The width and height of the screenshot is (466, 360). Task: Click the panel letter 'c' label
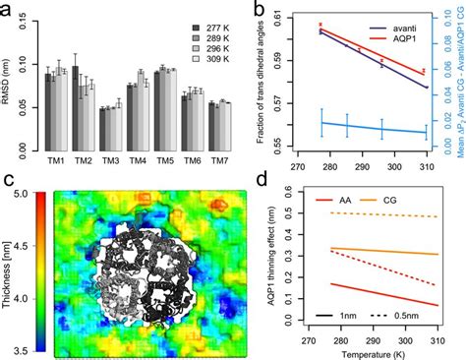pos(10,180)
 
